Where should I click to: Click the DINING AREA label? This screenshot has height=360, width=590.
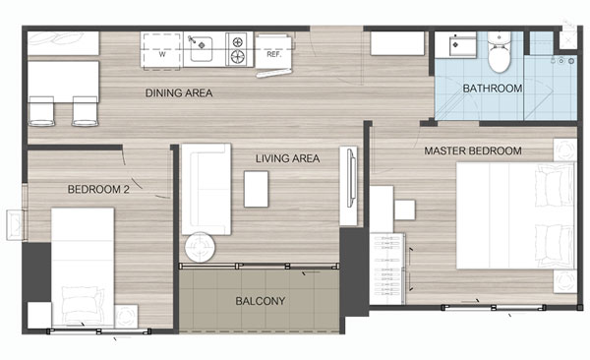click(x=179, y=93)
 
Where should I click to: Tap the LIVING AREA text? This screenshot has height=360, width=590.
click(x=288, y=158)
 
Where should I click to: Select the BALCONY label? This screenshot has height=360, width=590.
click(x=260, y=301)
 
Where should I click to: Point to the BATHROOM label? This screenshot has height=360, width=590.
click(x=493, y=89)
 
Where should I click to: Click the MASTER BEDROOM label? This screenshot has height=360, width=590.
click(x=473, y=151)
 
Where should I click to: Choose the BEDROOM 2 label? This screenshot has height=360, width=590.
click(x=98, y=190)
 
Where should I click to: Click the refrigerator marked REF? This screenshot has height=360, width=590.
click(x=274, y=53)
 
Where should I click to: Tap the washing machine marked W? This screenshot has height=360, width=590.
click(x=162, y=51)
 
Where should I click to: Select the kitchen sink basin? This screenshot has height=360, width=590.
click(x=202, y=48)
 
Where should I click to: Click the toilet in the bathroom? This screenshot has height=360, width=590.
click(x=500, y=53)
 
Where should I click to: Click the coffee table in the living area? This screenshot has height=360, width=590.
click(x=256, y=189)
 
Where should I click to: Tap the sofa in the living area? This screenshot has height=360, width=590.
click(x=206, y=189)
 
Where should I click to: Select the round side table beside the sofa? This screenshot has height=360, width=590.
click(x=201, y=247)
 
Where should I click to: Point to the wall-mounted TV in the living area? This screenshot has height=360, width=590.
click(x=351, y=177)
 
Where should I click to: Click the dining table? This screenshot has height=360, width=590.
click(x=63, y=82)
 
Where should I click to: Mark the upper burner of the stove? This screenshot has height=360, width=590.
click(x=237, y=41)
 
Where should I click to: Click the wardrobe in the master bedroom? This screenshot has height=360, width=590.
click(x=387, y=269)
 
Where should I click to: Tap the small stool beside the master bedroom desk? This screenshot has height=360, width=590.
click(x=405, y=210)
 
